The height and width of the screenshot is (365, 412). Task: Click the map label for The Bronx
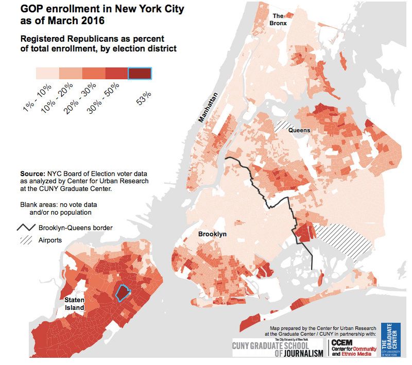pyautogui.click(x=282, y=20)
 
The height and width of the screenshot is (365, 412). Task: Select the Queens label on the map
pyautogui.click(x=299, y=130)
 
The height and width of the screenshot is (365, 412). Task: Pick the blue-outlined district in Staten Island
pyautogui.click(x=123, y=293)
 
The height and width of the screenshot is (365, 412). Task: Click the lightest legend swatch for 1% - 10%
pyautogui.click(x=47, y=74)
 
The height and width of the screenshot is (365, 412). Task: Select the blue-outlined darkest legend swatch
pyautogui.click(x=140, y=74)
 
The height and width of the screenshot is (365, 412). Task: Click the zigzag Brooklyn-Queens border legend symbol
pyautogui.click(x=26, y=228)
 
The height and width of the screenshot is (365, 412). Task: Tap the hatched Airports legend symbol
pyautogui.click(x=26, y=240)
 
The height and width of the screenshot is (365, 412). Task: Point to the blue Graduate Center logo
pyautogui.click(x=390, y=340)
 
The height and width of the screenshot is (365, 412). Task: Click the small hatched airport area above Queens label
pyautogui.click(x=283, y=125)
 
